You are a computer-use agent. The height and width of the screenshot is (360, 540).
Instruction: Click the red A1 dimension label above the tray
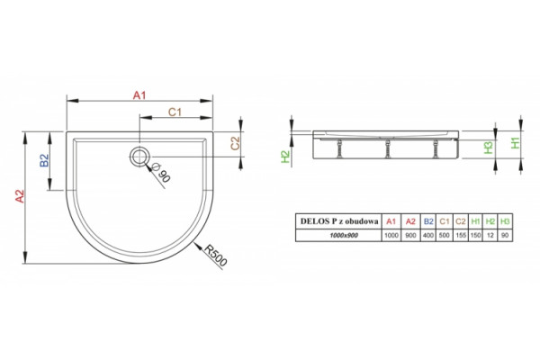139,95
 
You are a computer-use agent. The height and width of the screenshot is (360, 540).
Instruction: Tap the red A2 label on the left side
20,196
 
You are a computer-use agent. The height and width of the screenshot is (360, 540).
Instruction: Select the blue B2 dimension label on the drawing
45,160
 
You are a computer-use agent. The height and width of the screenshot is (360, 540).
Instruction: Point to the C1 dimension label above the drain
175,112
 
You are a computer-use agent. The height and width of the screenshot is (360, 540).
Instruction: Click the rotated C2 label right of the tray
235,143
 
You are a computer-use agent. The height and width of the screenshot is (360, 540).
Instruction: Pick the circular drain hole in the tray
139,156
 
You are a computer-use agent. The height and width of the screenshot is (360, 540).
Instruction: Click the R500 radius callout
216,256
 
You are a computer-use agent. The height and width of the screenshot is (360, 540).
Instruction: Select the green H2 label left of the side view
286,157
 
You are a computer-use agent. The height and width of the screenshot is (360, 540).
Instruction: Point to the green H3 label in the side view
489,148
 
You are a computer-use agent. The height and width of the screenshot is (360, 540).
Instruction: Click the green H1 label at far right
515,142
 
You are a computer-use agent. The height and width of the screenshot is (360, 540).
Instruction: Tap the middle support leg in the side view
388,148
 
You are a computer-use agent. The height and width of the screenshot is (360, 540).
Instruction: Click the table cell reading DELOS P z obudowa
339,221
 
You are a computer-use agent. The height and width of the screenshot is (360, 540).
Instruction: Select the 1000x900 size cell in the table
339,235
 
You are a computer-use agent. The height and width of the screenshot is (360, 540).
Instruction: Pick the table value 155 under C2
461,235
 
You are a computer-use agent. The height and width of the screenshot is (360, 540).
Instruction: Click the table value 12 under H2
490,235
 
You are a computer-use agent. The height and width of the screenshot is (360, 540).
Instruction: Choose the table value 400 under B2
428,235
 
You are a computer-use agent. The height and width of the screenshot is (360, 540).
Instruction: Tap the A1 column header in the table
391,221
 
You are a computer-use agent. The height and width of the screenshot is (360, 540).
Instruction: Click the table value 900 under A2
411,235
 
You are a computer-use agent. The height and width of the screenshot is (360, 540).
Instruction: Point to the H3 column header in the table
505,221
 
